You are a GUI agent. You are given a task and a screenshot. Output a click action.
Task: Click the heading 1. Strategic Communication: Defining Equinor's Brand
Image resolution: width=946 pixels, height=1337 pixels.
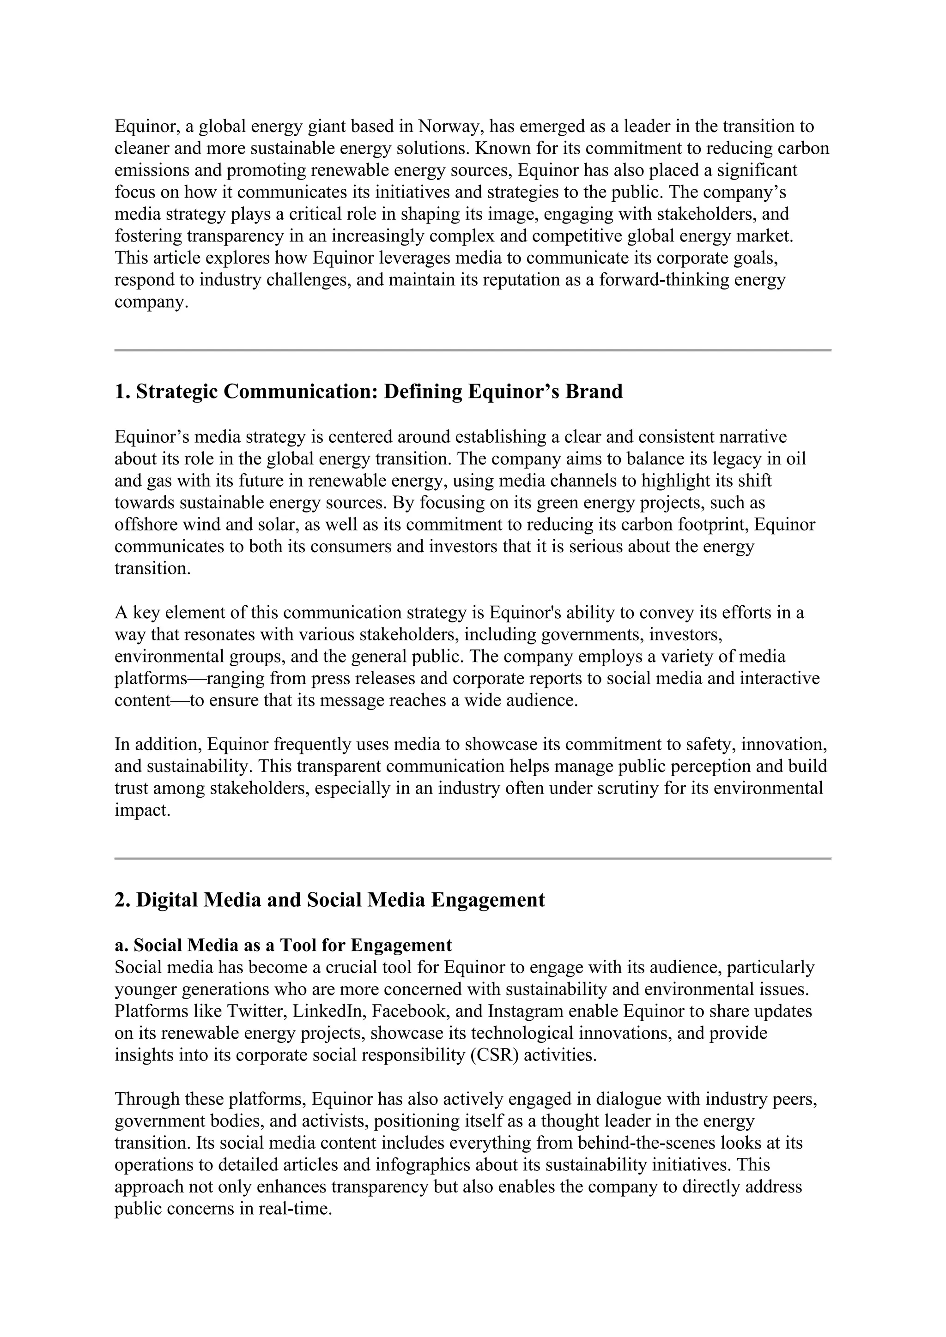tap(368, 391)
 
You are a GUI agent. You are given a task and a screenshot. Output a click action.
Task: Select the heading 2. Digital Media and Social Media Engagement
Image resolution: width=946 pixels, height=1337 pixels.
tap(330, 900)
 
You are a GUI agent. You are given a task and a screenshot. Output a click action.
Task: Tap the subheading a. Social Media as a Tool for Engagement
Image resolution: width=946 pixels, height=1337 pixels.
tap(283, 945)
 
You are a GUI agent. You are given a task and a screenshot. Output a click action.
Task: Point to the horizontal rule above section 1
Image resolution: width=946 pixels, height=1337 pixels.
tap(473, 350)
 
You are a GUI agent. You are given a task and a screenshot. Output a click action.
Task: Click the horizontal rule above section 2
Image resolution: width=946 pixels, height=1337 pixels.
tap(473, 858)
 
